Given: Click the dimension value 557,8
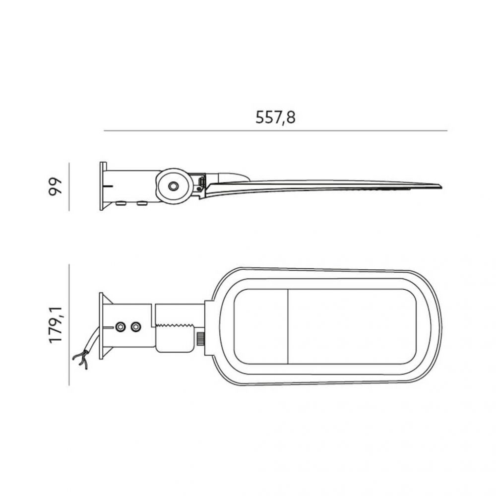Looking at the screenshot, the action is (275, 118).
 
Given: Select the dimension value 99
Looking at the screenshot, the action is (55, 186).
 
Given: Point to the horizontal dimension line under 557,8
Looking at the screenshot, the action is (275, 130).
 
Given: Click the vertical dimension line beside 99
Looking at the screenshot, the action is (69, 186).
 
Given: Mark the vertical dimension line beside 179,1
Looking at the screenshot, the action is (69, 325).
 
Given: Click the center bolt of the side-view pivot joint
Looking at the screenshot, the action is (173, 186).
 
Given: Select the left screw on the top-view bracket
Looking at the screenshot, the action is (120, 327).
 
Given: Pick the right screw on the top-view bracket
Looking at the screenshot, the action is (136, 327).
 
